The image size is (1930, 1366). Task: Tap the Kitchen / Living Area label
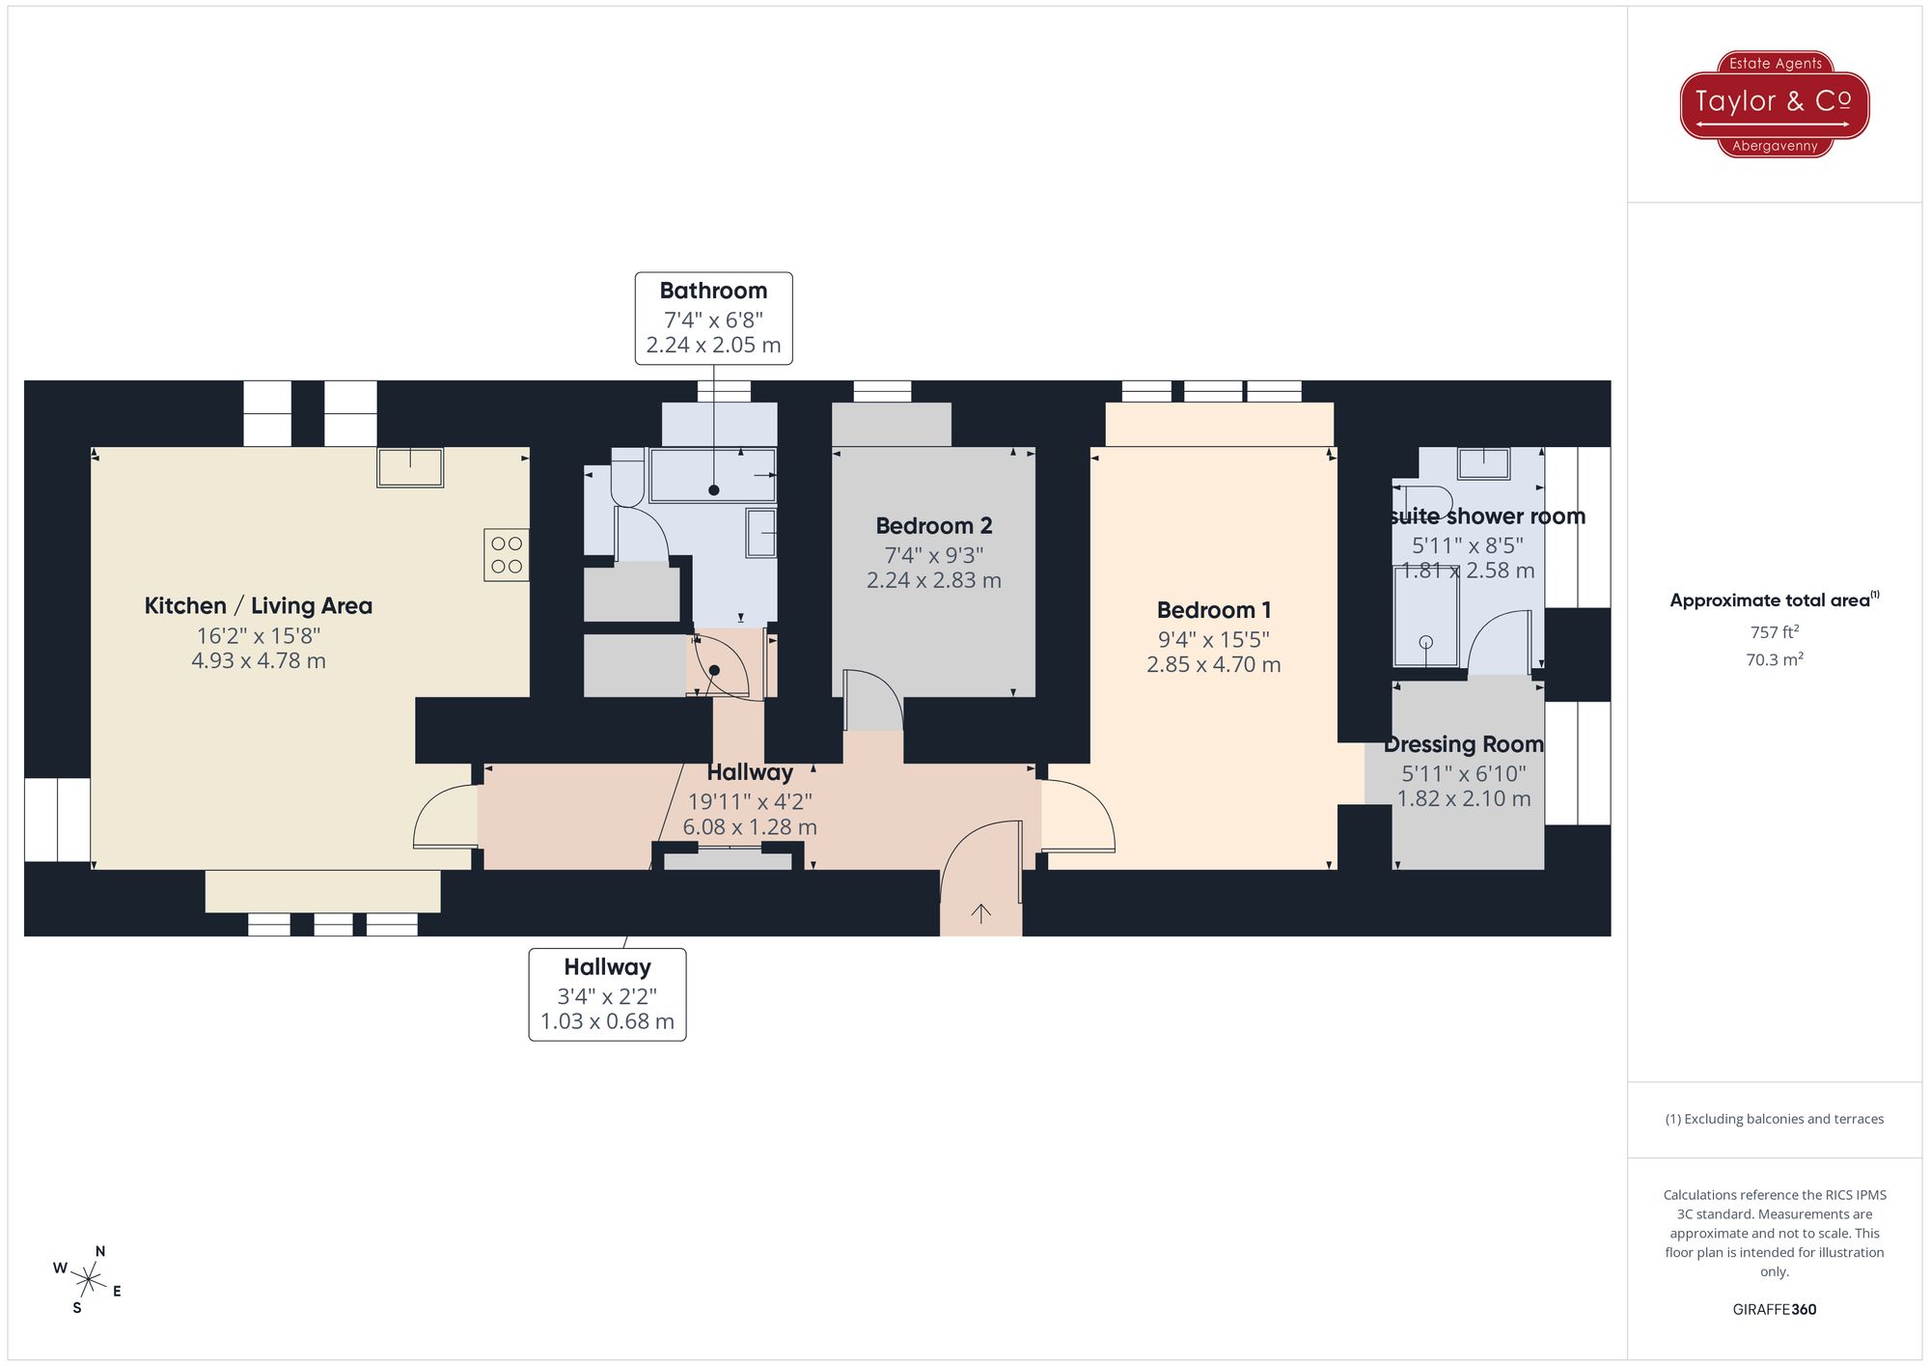coord(258,606)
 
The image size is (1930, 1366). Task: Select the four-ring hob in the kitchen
coord(506,555)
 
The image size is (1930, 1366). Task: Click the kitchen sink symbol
coord(410,467)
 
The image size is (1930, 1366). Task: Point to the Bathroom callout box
coord(713,318)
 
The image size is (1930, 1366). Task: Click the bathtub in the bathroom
coord(712,475)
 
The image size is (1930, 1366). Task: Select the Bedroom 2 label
coord(933,526)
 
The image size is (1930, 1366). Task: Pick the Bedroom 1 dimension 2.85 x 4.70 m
coord(1213,665)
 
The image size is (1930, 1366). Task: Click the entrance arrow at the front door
coord(980,913)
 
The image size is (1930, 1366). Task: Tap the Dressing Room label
coord(1463,744)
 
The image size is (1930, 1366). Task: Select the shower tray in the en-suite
coord(1425,617)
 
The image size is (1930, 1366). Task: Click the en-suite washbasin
coord(1483,463)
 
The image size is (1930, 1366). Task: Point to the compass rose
coord(88,1281)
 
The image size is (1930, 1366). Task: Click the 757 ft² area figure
coord(1774,632)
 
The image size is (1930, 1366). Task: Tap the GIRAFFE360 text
coord(1774,1309)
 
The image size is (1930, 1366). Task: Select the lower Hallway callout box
coord(607,993)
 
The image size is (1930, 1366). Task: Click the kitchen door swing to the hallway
coord(444,817)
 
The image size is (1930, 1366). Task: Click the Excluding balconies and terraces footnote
coord(1774,1119)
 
